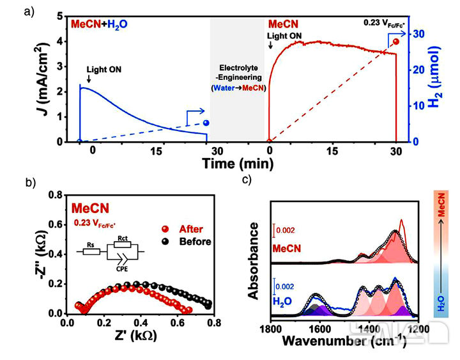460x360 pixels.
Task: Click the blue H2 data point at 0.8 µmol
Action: click(206, 123)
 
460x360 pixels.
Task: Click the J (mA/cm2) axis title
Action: click(44, 80)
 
